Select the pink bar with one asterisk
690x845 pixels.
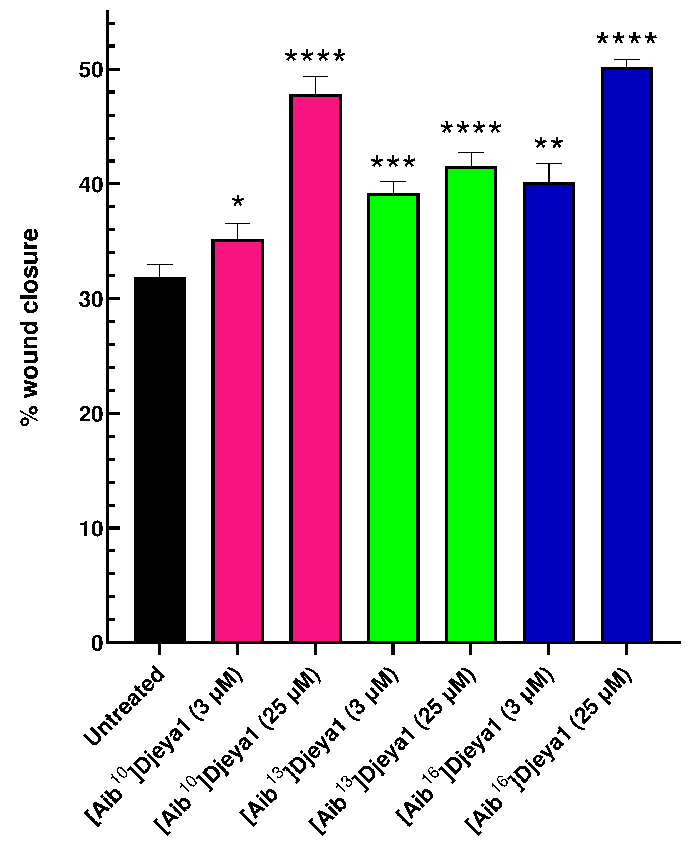237,441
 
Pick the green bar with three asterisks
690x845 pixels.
393,417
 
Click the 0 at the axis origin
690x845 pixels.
97,643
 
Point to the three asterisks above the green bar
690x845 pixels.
393,163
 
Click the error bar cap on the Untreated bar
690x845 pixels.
159,265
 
